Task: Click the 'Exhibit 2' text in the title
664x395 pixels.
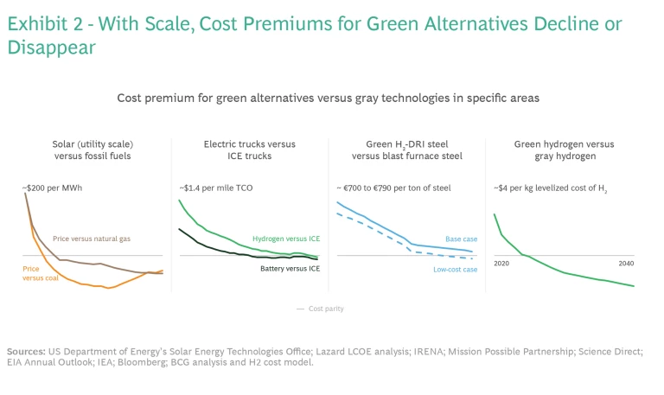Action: coord(43,24)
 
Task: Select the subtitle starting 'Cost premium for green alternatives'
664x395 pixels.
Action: coord(328,99)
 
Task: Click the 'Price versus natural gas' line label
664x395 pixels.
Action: coord(92,239)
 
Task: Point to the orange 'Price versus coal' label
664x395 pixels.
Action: coord(41,273)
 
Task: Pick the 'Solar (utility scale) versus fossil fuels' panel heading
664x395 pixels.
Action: coord(92,150)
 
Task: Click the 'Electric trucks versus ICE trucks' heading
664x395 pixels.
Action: coord(249,150)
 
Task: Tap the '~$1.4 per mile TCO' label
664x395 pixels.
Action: coord(215,187)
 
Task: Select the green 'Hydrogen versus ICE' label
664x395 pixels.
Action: coord(285,239)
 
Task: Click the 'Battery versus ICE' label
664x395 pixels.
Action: coord(290,269)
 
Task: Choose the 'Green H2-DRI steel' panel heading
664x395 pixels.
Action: coord(406,150)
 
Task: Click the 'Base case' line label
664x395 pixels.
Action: coord(461,239)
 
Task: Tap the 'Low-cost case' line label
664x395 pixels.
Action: coord(455,269)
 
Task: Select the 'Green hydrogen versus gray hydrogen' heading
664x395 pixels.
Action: coord(565,150)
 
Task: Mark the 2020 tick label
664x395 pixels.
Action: coord(501,263)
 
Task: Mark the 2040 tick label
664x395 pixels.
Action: coord(627,263)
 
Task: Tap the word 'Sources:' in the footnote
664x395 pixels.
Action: coord(26,351)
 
